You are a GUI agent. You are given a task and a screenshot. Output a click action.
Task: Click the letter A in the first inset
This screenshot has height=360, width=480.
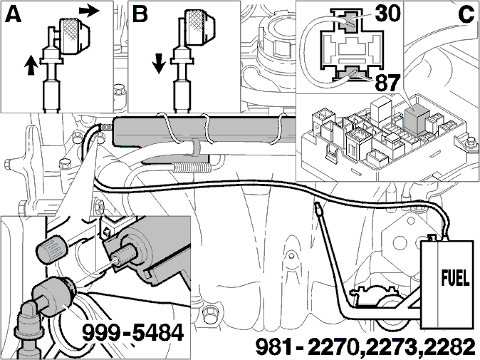pos(14,14)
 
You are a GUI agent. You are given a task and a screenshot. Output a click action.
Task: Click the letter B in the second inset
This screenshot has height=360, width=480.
pos(140,14)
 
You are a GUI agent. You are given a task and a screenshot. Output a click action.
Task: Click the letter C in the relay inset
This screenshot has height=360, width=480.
pos(466,14)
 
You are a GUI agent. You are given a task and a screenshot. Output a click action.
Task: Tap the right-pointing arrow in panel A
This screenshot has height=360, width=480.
pos(89,11)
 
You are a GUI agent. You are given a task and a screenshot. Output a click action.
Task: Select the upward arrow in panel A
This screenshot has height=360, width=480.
pos(31,65)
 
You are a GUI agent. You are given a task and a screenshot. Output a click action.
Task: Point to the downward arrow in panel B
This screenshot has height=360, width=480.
pos(159,63)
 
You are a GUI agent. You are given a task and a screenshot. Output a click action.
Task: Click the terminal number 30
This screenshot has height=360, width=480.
pos(387,14)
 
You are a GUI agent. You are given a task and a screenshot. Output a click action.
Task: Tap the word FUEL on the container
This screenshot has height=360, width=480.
pos(455,278)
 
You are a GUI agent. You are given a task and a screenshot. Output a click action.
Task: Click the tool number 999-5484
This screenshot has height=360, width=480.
pos(133,332)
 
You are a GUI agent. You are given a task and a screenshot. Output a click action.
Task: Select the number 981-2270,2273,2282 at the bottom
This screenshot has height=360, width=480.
pos(365,347)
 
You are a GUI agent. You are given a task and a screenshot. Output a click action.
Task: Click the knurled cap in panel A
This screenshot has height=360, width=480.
pos(74,36)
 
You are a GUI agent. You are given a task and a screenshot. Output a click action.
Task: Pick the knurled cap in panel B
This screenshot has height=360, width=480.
pos(199,26)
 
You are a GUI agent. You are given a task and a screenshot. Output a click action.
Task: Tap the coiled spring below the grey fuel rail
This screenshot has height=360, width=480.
pos(192,168)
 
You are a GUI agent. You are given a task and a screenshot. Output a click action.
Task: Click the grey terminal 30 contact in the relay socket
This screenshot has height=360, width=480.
pos(348,21)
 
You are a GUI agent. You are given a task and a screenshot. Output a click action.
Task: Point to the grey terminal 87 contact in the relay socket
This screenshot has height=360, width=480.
pos(349,72)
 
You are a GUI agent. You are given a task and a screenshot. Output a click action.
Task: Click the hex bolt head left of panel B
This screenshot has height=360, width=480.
pos(118,91)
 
